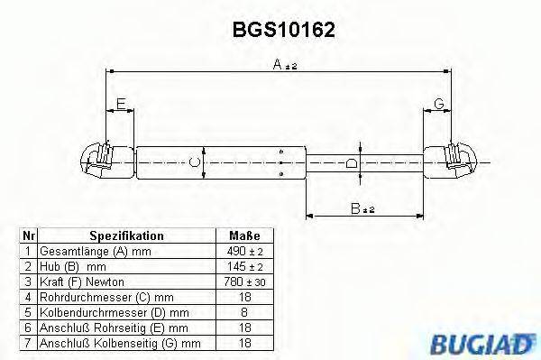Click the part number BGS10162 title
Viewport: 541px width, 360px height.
(x=284, y=30)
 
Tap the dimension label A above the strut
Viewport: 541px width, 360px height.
(x=278, y=64)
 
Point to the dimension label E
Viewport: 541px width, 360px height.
(x=121, y=104)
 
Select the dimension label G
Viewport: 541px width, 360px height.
(x=439, y=104)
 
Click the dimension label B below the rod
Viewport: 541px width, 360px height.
(x=355, y=208)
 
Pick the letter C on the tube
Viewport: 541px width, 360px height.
(x=195, y=162)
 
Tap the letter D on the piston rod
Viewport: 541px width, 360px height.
(x=352, y=163)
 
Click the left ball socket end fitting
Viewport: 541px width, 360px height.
(x=107, y=161)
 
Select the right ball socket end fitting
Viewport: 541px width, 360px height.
(x=450, y=161)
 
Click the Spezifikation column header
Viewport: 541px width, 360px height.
(x=126, y=235)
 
